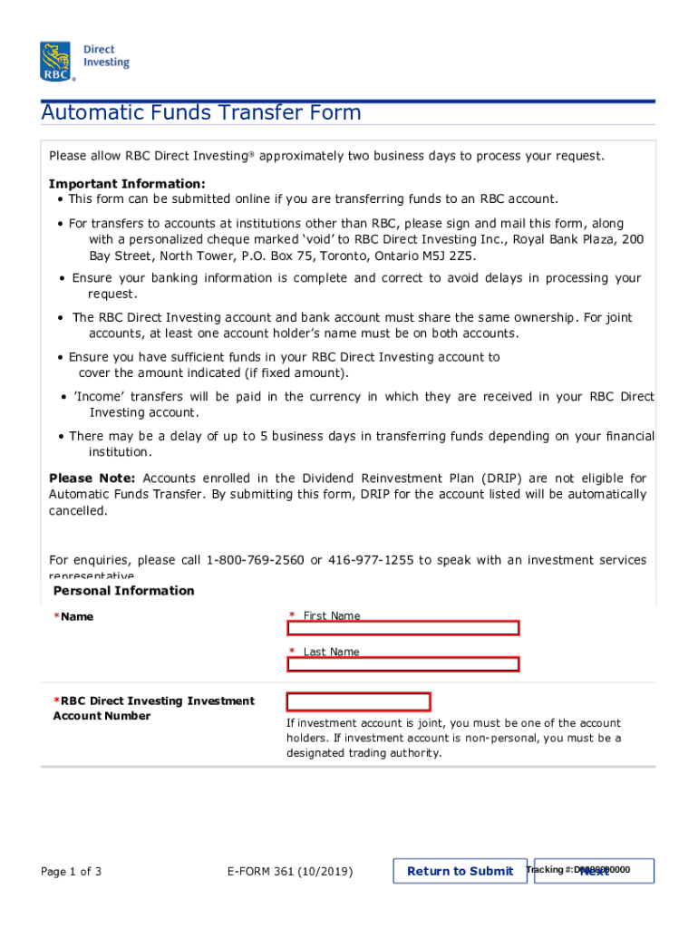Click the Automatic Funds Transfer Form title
(x=201, y=113)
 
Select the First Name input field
(x=402, y=628)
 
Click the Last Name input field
(x=402, y=664)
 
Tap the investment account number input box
(x=358, y=701)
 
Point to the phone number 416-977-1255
(x=371, y=560)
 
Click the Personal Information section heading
(x=124, y=591)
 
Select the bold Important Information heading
(x=127, y=183)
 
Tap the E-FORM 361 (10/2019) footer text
(x=289, y=872)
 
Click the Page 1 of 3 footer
(x=72, y=872)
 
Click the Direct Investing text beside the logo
(x=106, y=56)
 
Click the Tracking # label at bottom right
(x=548, y=870)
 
